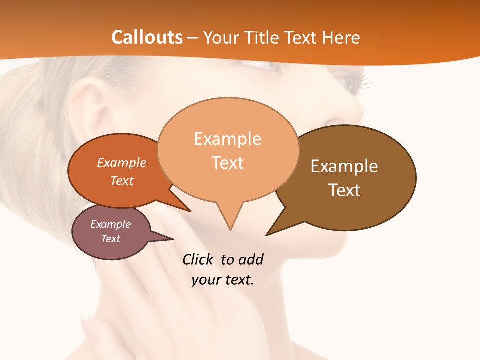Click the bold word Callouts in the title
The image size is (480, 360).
coord(147,37)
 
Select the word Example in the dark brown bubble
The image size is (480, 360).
coord(344,166)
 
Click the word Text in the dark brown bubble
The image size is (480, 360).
coord(344,190)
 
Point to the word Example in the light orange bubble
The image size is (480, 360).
coord(227,139)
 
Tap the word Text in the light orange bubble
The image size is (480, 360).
coord(227,163)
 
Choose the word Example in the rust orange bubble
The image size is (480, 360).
coord(121,162)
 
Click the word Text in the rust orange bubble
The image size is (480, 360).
coord(121,180)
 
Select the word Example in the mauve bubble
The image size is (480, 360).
coord(110,224)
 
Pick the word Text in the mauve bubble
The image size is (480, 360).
coord(110,239)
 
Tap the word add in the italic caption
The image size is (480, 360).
coord(250,260)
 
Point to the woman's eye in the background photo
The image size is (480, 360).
coord(350,80)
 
